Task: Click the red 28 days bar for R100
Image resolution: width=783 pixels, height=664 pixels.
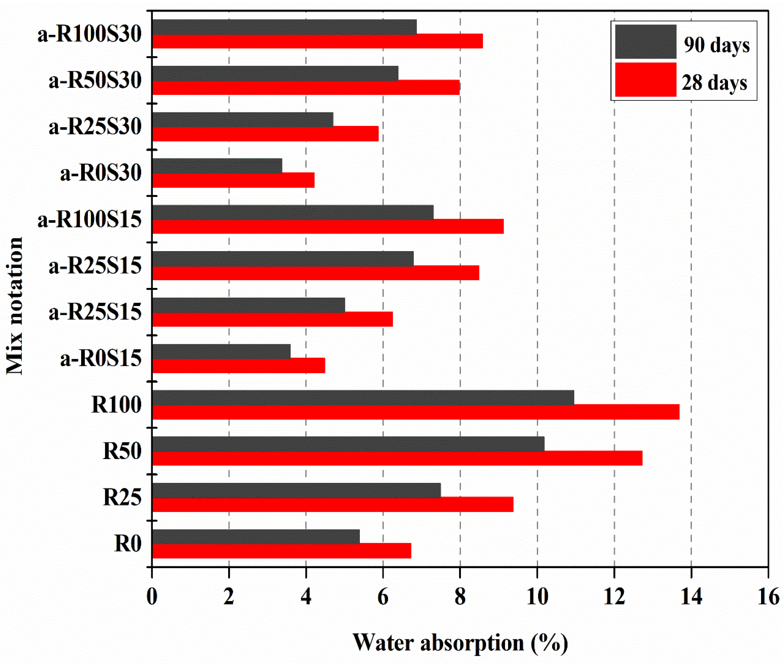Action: coord(414,412)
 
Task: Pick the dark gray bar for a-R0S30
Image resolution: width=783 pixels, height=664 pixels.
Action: coord(217,166)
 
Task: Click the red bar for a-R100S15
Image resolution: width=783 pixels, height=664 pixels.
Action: coord(327,227)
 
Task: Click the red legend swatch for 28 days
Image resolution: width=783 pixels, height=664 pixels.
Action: coord(646,80)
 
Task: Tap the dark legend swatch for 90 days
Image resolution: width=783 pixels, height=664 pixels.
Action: coord(646,41)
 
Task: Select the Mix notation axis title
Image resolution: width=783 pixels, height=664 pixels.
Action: coord(15,306)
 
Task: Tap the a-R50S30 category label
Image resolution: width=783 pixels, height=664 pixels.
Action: coord(95,80)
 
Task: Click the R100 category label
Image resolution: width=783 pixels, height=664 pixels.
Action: coord(116,405)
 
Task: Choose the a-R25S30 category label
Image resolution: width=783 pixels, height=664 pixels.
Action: coord(95,127)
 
